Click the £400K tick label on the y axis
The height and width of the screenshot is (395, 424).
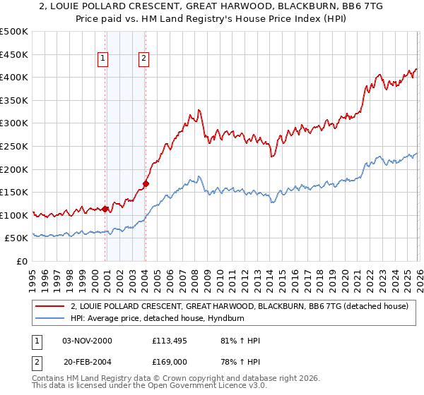14,78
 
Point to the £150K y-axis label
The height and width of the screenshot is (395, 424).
14,193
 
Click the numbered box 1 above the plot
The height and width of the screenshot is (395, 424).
104,59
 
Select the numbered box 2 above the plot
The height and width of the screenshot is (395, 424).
143,59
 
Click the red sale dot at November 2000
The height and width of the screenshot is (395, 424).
105,209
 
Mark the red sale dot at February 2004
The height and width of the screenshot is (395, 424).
146,183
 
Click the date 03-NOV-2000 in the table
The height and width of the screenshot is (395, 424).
87,341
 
